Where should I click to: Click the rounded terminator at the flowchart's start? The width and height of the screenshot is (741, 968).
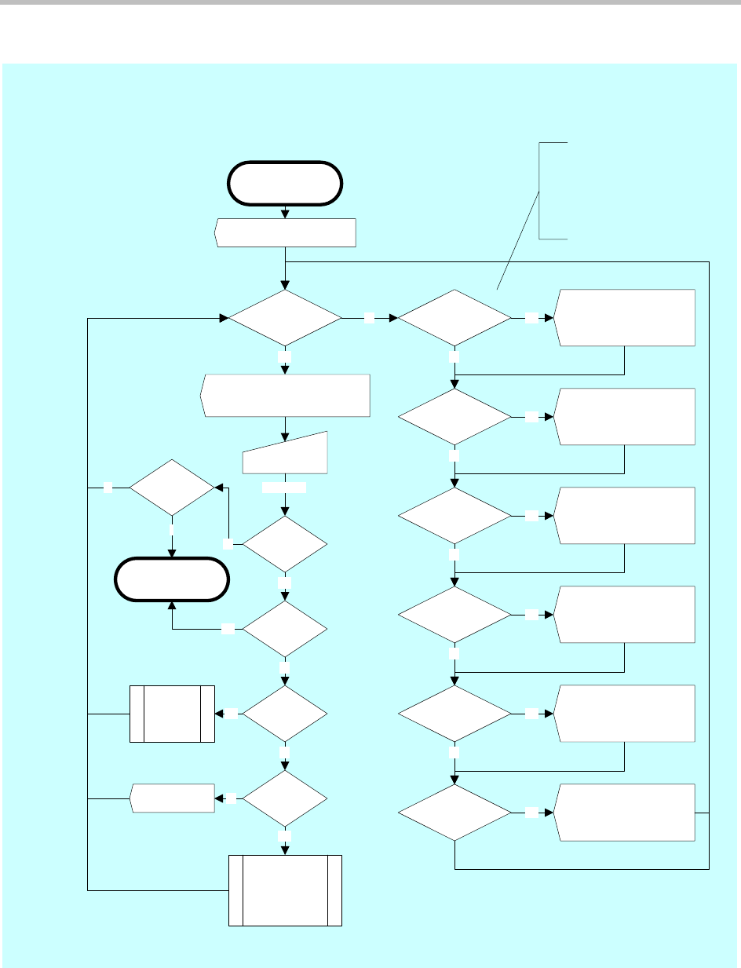point(284,184)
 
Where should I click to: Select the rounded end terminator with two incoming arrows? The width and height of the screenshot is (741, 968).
point(172,580)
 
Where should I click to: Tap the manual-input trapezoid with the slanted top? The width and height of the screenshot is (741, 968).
point(284,455)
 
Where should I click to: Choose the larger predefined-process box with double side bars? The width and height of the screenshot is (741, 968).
point(285,891)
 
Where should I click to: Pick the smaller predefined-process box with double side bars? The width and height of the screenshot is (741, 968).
point(172,714)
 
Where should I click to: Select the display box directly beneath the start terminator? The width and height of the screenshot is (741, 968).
point(285,233)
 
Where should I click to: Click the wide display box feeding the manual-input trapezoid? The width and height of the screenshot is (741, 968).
point(286,396)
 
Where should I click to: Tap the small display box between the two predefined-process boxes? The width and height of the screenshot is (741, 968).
point(172,798)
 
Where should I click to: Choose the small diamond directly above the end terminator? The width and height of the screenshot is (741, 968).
point(172,488)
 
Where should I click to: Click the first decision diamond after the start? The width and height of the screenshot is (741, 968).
point(284,318)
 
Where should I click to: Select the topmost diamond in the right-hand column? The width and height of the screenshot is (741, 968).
point(454,318)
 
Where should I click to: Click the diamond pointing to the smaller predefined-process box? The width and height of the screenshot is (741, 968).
point(284,714)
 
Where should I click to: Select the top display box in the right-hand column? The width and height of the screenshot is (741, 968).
point(625,318)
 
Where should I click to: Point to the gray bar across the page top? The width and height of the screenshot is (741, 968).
point(370,3)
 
